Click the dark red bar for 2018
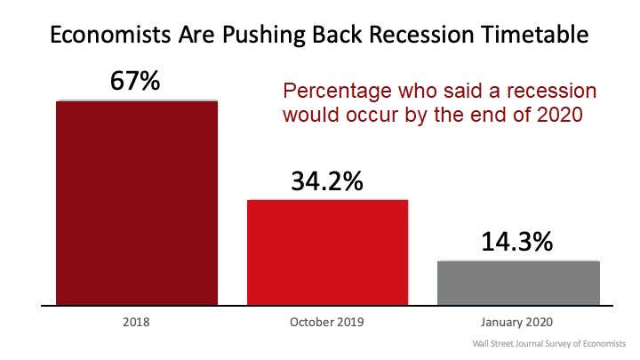pos(137,203)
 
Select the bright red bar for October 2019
pos(327,252)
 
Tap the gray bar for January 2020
pos(518,283)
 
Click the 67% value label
pos(135,80)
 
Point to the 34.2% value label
pos(327,181)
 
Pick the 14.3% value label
pos(517,241)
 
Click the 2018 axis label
pos(136,322)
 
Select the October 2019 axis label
pos(326,322)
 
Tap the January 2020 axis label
pos(516,322)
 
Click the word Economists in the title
pos(110,35)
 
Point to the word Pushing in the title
pos(264,36)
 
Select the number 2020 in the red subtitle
pos(560,115)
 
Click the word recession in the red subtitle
pos(551,91)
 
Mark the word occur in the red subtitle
pos(372,115)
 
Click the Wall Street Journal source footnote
pos(549,344)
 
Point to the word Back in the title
pos(337,35)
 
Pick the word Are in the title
pos(196,35)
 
